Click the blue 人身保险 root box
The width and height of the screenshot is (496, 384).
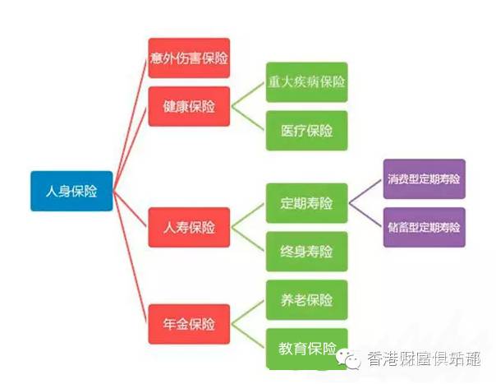[x=71, y=191]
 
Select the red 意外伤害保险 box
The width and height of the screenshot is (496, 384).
[x=189, y=58]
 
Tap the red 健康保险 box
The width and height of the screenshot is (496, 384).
[x=189, y=107]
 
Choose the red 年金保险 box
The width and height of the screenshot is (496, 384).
[x=189, y=322]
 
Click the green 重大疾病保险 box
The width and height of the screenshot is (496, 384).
[x=306, y=83]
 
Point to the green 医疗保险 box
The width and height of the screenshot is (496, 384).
[x=306, y=131]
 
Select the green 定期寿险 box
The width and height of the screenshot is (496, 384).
[x=306, y=202]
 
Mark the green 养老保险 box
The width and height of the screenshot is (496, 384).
[x=306, y=300]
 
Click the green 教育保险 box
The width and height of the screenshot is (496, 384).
[x=306, y=347]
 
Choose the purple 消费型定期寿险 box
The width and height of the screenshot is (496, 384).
[x=424, y=178]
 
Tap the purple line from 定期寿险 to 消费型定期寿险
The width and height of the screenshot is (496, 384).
[x=366, y=191]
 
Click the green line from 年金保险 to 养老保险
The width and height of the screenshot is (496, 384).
[x=248, y=311]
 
